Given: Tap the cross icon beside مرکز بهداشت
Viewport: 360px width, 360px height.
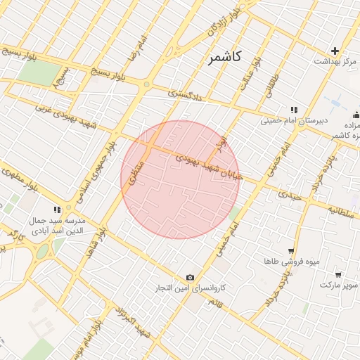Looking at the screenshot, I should coord(335,51).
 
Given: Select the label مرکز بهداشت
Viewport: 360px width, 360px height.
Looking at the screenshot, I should coord(335,63).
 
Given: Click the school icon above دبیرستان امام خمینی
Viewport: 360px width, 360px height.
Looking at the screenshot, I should coord(294,110).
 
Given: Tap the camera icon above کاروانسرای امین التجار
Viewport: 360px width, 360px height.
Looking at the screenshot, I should coord(190,278).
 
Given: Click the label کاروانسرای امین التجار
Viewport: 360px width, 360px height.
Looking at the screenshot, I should coord(191,289).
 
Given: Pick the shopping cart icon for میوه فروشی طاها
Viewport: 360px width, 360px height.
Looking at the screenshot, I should coord(290,251).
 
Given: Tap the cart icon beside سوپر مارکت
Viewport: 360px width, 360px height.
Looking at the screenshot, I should coord(338,274).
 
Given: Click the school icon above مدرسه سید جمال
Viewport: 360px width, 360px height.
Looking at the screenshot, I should coord(57,210).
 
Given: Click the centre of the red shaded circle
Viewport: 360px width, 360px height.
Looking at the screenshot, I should coord(180,180).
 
